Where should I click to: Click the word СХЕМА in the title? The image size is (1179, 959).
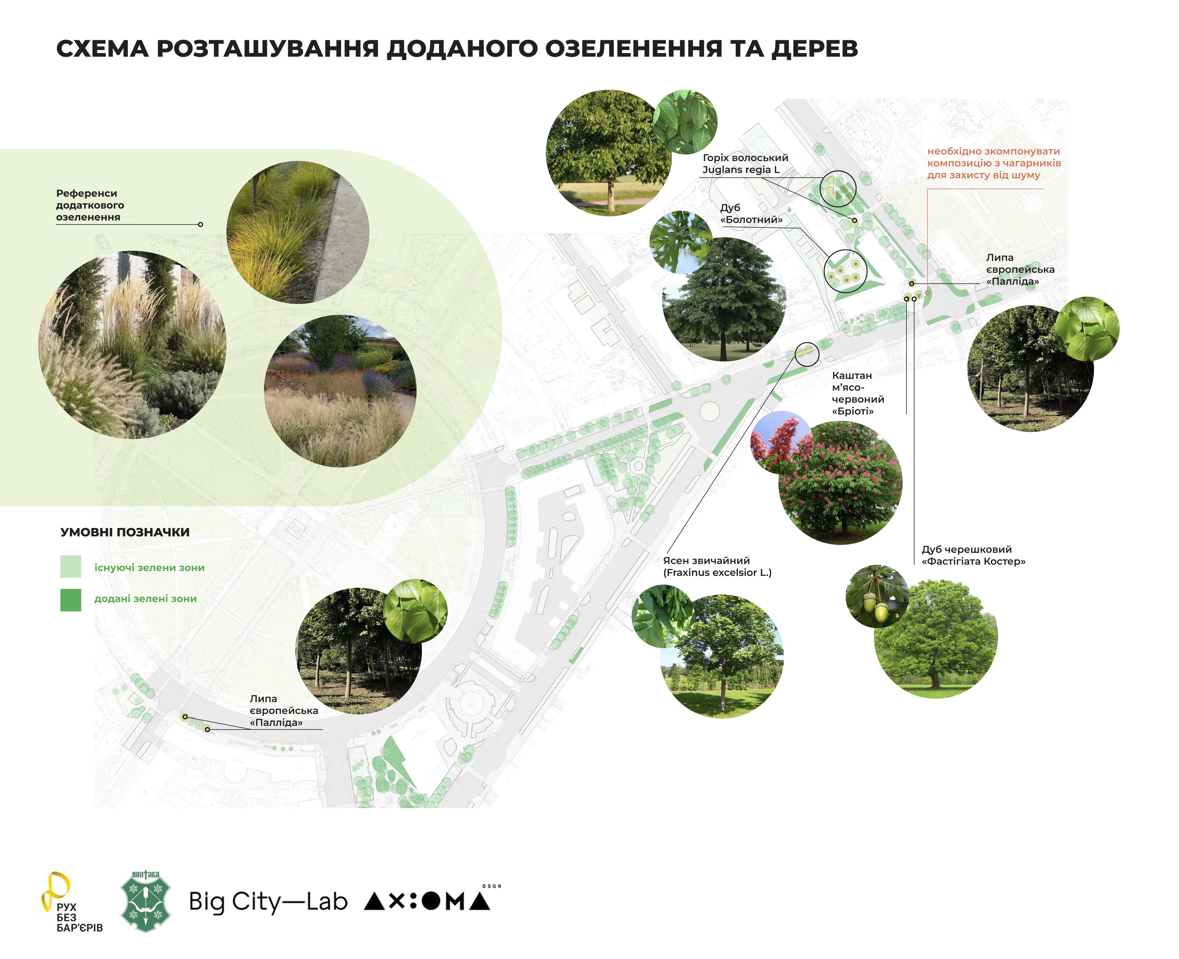[x=103, y=49]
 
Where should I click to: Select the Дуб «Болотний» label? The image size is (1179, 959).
[x=751, y=214]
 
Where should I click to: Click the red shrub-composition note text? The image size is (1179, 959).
[x=993, y=163]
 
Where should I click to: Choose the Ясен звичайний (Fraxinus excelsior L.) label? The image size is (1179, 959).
[x=717, y=566]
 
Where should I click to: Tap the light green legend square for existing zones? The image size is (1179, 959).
[x=71, y=566]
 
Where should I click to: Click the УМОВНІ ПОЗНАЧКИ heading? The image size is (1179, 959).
[x=125, y=532]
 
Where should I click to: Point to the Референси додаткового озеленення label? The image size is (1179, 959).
[x=90, y=205]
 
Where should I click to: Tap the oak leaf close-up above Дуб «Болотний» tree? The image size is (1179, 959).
[x=680, y=241]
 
